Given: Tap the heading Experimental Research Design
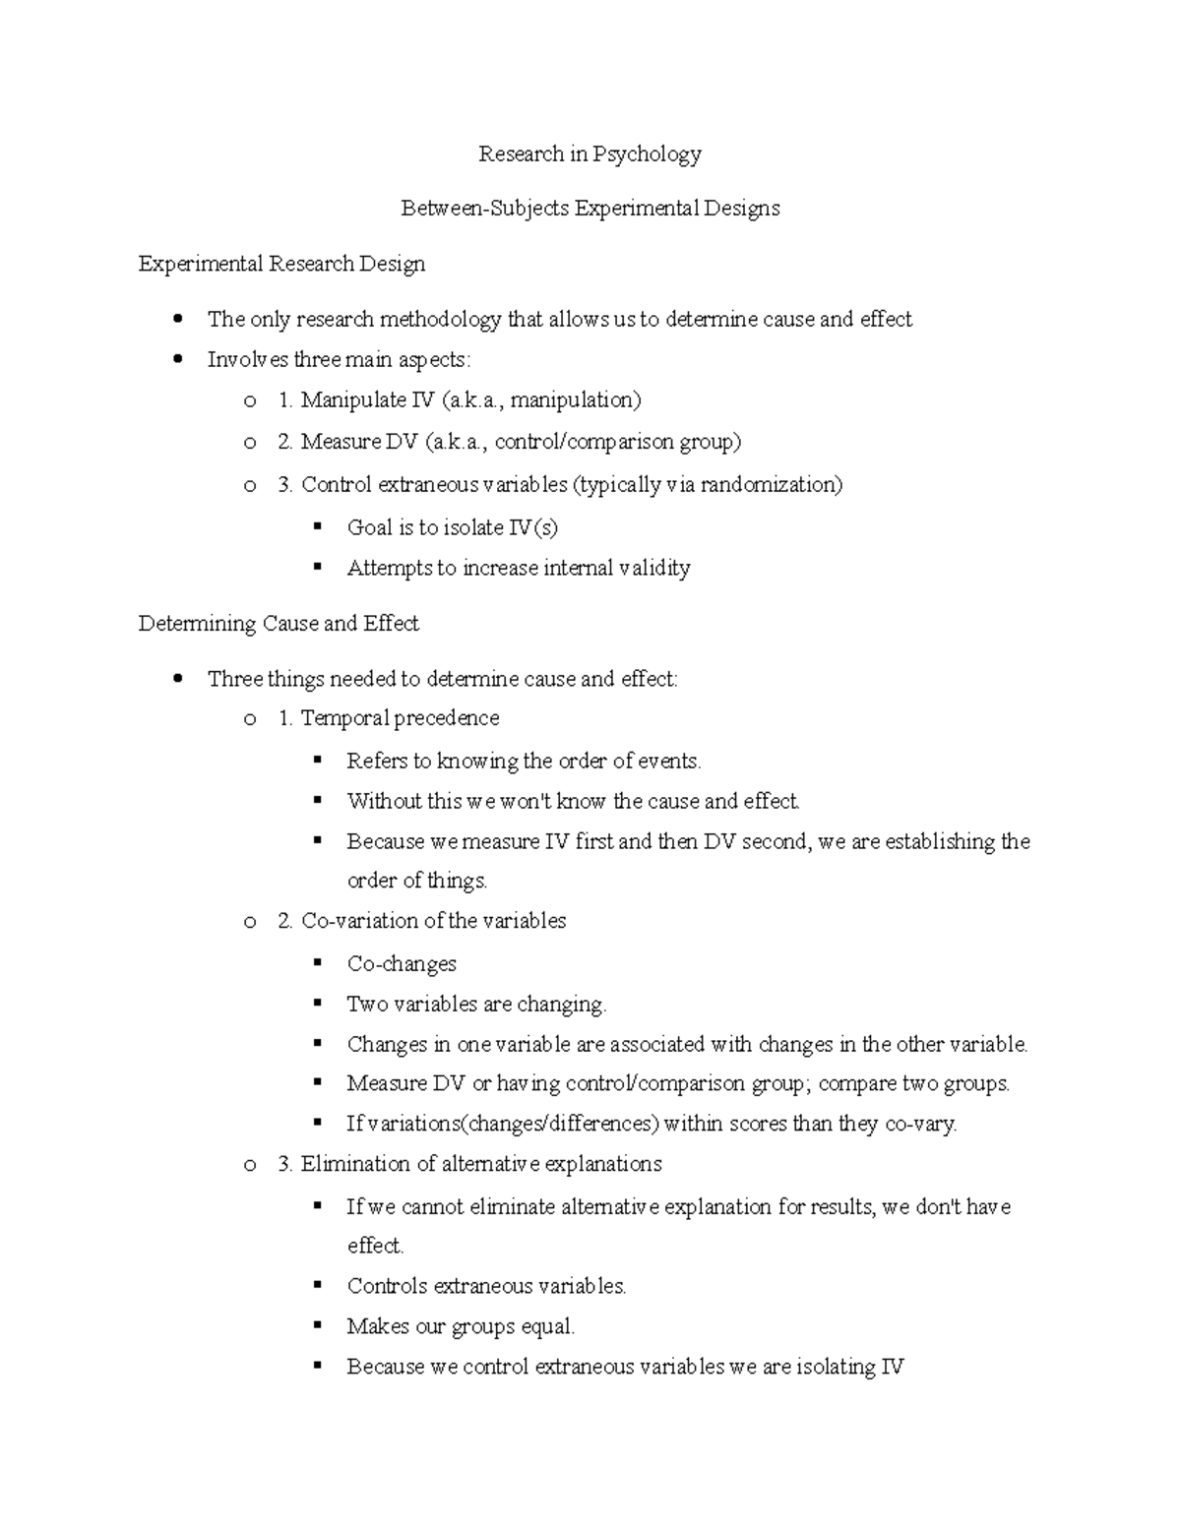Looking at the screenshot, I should click(281, 264).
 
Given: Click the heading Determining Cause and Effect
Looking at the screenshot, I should click(279, 624).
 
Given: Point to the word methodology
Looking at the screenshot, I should click(440, 320).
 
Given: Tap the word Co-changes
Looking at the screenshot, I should click(402, 964).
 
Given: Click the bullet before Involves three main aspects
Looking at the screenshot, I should click(177, 360).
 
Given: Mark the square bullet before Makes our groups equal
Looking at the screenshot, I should click(317, 1326).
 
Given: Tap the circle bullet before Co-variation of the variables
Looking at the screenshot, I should click(250, 922).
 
